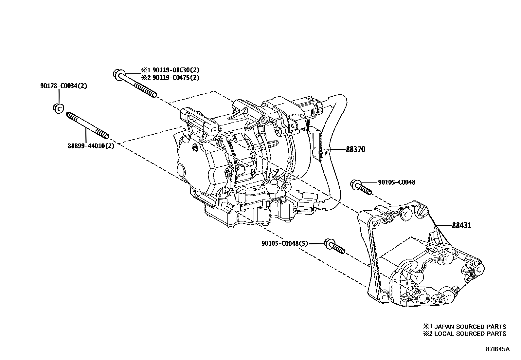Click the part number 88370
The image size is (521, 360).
pos(355,150)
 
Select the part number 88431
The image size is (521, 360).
pos(462,225)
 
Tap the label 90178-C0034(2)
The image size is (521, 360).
pos(63,86)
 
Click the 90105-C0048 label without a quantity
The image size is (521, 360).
pos(396,182)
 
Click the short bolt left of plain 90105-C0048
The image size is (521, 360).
pos(361,187)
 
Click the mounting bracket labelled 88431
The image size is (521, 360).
pos(422,259)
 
